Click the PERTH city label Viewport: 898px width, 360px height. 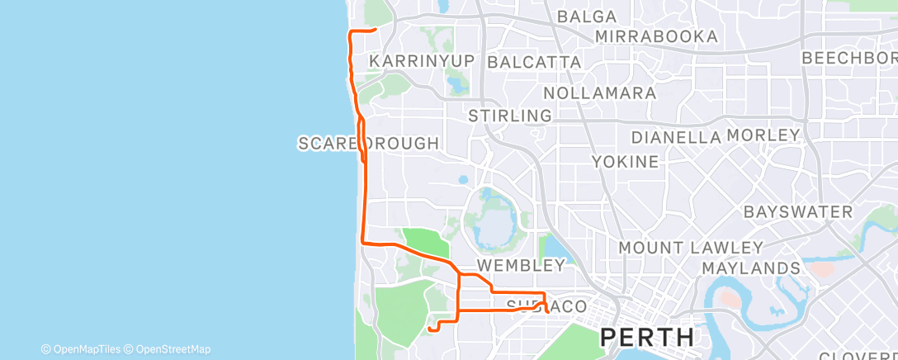coord(646,337)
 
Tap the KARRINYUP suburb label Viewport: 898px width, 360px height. coord(423,62)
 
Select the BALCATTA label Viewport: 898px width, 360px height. coord(534,62)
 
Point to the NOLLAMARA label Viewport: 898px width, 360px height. coord(599,92)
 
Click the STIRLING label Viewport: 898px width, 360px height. coord(509,115)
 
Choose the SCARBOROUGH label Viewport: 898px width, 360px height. coord(368,144)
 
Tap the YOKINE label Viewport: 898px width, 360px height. coord(626,162)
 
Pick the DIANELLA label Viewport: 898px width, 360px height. coord(676,137)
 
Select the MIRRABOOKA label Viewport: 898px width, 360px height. coord(655,37)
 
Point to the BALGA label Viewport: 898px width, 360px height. coord(587,17)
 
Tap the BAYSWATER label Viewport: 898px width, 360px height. coord(797,212)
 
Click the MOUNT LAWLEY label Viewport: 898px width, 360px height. coord(690,248)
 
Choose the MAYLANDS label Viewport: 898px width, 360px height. coord(750,268)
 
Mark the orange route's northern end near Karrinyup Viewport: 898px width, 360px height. coord(376,30)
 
